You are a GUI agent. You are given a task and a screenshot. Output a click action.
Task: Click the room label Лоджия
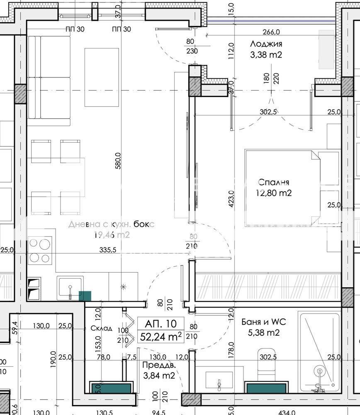(x=266, y=44)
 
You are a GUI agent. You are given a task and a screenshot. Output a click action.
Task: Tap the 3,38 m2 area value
(x=266, y=54)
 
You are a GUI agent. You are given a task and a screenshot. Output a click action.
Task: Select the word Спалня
(x=273, y=182)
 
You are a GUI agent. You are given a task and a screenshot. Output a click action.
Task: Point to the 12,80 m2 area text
(x=274, y=193)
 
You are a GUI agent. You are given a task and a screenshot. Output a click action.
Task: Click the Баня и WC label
(x=264, y=322)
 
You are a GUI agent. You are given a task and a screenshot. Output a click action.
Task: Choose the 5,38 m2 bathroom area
(x=264, y=332)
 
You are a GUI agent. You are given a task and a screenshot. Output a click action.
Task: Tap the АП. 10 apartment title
(x=161, y=324)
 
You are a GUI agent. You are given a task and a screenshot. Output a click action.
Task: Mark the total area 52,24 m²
(x=161, y=337)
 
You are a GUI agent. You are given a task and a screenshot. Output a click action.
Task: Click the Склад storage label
(x=102, y=328)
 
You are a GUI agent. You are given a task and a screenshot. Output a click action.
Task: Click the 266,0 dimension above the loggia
(x=271, y=32)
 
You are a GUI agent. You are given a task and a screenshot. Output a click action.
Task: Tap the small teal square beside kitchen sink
(x=85, y=296)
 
